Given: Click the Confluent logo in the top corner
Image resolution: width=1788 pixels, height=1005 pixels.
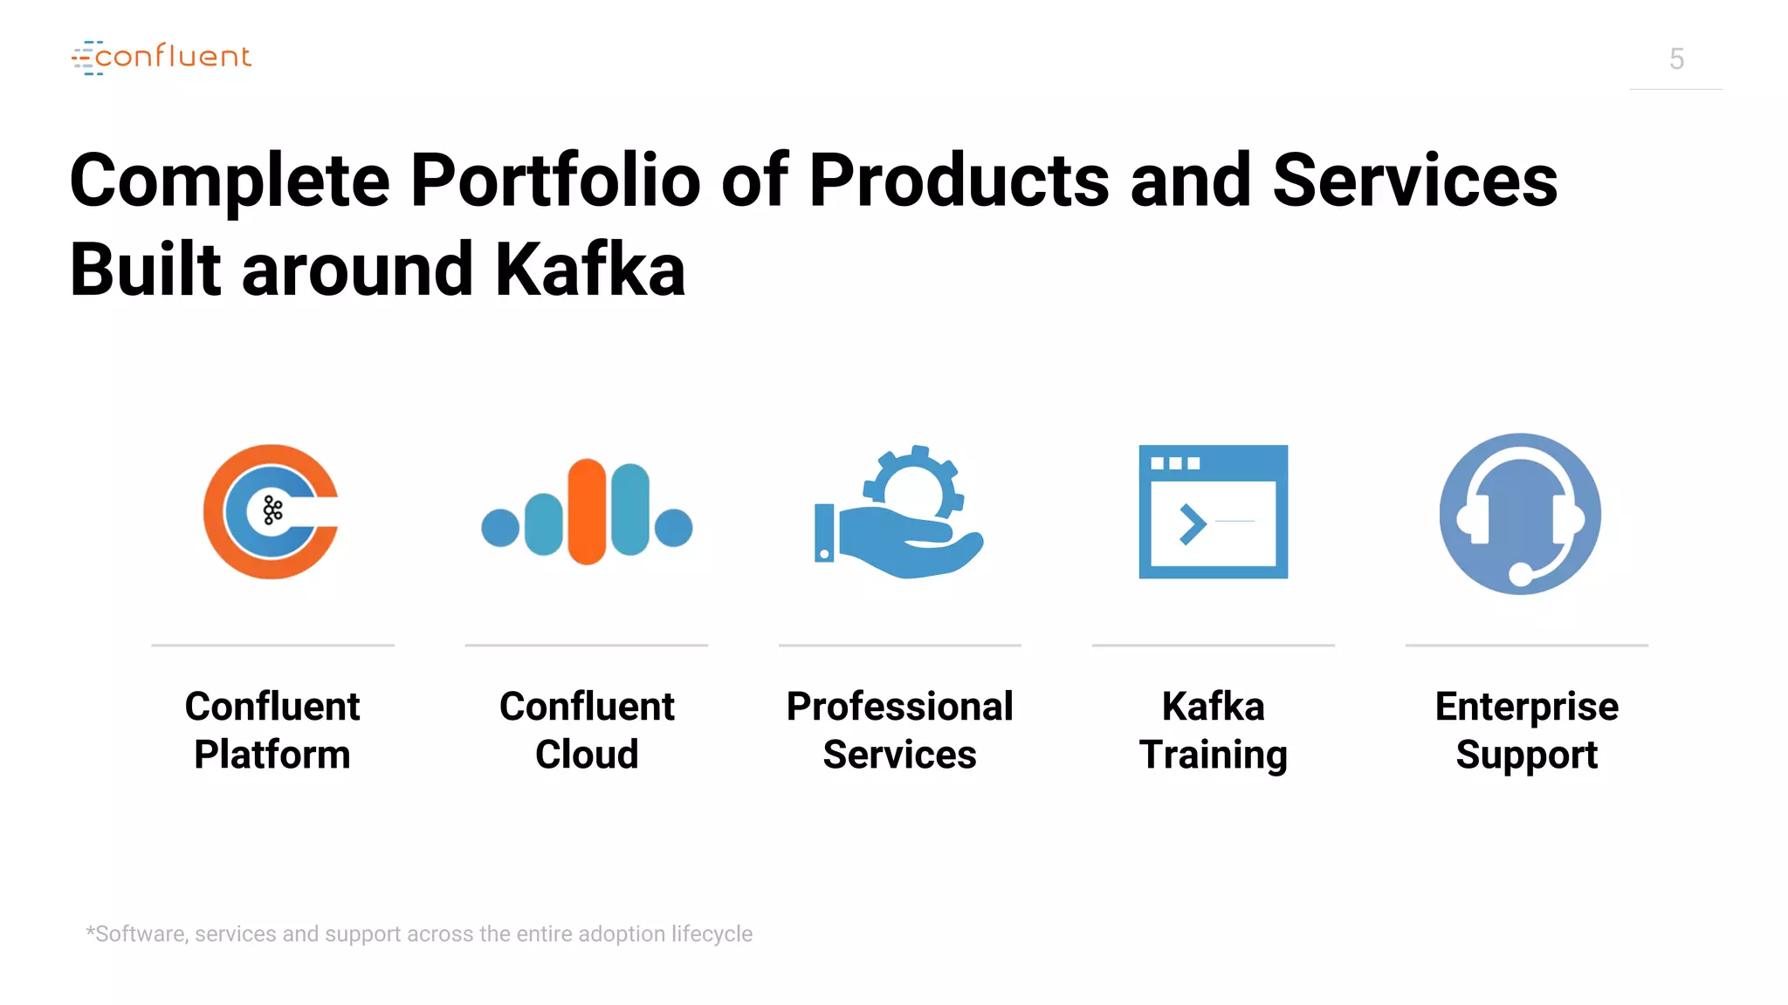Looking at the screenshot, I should [x=162, y=58].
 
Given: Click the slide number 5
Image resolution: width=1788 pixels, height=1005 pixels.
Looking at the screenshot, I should [x=1676, y=59].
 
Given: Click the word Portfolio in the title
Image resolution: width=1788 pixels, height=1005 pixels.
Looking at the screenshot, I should [x=555, y=181].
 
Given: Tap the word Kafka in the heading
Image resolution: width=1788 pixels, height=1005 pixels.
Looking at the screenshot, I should [x=590, y=270].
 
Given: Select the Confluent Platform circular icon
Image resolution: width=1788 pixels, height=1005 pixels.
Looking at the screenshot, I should [x=271, y=512].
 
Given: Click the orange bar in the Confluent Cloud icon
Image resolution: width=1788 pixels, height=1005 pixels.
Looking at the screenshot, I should [x=587, y=512].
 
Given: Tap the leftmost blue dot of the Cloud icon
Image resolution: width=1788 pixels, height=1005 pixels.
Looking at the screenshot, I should [x=500, y=528].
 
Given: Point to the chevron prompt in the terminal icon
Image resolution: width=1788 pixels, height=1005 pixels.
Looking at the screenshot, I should [x=1192, y=524].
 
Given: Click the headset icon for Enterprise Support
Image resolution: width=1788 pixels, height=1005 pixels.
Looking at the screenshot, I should [x=1520, y=513].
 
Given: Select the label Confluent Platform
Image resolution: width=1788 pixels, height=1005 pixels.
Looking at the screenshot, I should [x=272, y=730].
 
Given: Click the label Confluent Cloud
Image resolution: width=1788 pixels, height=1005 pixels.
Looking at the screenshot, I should [x=587, y=730].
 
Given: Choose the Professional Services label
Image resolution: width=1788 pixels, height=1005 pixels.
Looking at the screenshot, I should [x=899, y=730].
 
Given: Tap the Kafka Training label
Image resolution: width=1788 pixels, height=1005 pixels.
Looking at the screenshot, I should [x=1213, y=730].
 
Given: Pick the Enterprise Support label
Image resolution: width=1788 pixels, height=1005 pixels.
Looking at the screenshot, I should [x=1526, y=730].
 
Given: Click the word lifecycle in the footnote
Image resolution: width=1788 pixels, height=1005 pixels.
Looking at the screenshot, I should [x=712, y=934].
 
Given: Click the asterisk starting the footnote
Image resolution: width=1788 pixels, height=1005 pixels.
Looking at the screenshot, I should [x=90, y=932].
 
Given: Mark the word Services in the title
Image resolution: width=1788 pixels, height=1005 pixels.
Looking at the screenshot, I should [x=1414, y=181].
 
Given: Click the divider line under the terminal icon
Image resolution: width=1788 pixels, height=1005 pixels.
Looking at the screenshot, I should [x=1213, y=646].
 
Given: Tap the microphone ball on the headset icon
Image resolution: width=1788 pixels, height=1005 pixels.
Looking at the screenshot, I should [x=1521, y=573].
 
